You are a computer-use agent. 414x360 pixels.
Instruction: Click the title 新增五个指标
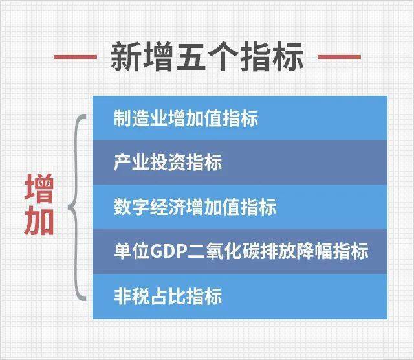206,57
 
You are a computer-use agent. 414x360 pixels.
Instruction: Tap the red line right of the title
340,57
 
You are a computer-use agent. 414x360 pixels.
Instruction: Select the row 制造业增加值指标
239,118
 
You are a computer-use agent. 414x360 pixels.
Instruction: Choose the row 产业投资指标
239,163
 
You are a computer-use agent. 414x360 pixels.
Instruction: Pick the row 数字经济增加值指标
239,207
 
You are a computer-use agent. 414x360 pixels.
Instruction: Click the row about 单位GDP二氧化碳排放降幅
239,251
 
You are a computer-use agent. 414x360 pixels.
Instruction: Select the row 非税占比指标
239,296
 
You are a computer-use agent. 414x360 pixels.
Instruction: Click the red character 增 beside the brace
39,188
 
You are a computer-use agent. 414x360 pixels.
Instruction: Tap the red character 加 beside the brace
39,222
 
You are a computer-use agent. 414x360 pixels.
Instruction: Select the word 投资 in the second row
168,163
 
